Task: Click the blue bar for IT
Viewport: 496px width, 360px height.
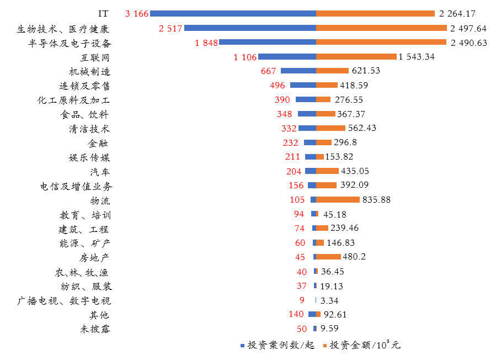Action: (233, 13)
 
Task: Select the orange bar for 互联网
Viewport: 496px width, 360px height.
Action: (356, 56)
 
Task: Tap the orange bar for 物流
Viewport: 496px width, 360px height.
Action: (338, 199)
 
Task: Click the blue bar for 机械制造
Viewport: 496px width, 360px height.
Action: (298, 71)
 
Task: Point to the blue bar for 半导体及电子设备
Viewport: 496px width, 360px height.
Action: (268, 42)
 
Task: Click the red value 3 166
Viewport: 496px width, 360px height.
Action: (137, 14)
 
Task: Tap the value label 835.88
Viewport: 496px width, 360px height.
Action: (376, 200)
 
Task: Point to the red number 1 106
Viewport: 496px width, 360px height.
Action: (245, 57)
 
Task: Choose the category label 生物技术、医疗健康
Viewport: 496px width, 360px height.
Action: (63, 29)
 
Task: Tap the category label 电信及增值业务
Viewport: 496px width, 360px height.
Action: (76, 186)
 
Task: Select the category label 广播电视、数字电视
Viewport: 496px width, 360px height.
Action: (64, 301)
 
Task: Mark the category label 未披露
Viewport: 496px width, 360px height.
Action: (95, 330)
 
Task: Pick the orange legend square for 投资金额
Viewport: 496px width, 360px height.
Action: (325, 346)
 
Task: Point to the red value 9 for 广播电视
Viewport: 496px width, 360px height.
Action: (302, 300)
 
